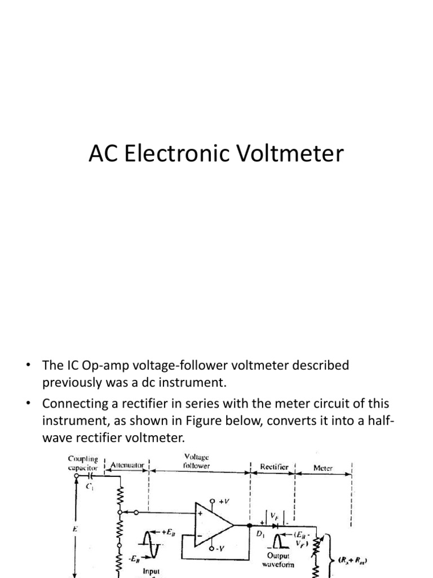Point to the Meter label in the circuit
point(323,468)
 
